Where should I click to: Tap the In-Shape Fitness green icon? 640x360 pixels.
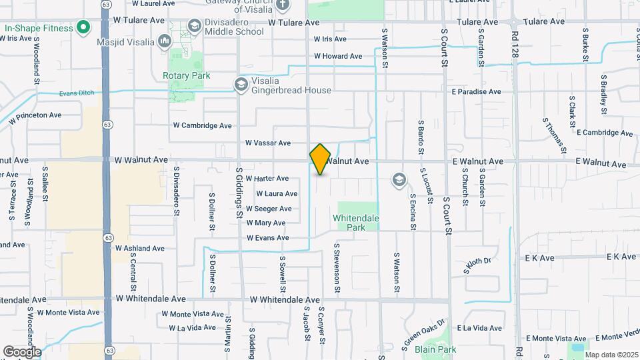(83, 28)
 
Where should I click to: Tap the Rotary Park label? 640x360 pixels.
(187, 76)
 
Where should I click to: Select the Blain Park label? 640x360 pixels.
(435, 349)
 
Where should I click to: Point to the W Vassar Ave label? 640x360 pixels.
(267, 143)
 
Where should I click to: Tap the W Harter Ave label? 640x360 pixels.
(267, 179)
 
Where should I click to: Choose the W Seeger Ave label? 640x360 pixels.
(269, 209)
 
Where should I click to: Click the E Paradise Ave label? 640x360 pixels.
(476, 92)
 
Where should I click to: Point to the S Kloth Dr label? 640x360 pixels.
(477, 265)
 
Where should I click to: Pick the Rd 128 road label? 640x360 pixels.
(515, 42)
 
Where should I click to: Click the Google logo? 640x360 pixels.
(21, 352)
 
